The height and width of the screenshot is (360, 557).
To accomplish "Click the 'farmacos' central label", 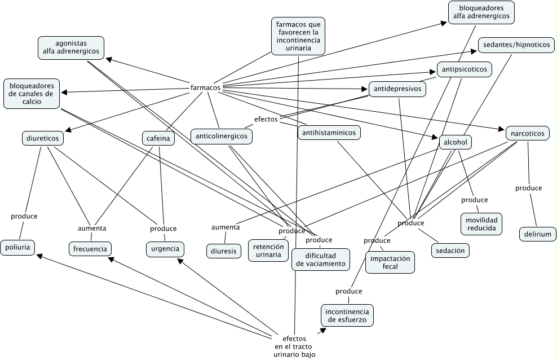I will point(205,88).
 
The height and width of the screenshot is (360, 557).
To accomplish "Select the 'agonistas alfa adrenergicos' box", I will point(71,47).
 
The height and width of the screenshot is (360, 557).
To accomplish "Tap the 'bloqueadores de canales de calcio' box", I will point(32,93).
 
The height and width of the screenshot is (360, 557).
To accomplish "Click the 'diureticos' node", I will point(43,138).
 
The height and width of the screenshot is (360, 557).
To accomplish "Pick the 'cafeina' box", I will point(158,138).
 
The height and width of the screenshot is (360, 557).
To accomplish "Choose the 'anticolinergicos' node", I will point(222,136).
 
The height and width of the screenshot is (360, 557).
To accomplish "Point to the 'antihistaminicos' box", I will point(329,133).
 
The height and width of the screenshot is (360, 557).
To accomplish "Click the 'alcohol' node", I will point(455,142).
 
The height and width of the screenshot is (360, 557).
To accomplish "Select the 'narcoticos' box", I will point(527,133).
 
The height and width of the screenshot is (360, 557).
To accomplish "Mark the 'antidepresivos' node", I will point(397,89).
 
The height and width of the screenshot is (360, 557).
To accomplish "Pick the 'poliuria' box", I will point(17,247).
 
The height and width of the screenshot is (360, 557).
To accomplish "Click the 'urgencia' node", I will point(165,248).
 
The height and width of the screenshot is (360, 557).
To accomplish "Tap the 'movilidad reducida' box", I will point(481,223).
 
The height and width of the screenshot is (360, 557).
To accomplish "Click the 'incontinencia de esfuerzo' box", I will point(347,315).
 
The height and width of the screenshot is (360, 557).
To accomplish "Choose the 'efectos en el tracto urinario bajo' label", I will point(294,346).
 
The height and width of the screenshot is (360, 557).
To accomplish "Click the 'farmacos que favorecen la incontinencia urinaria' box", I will point(298,36).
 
